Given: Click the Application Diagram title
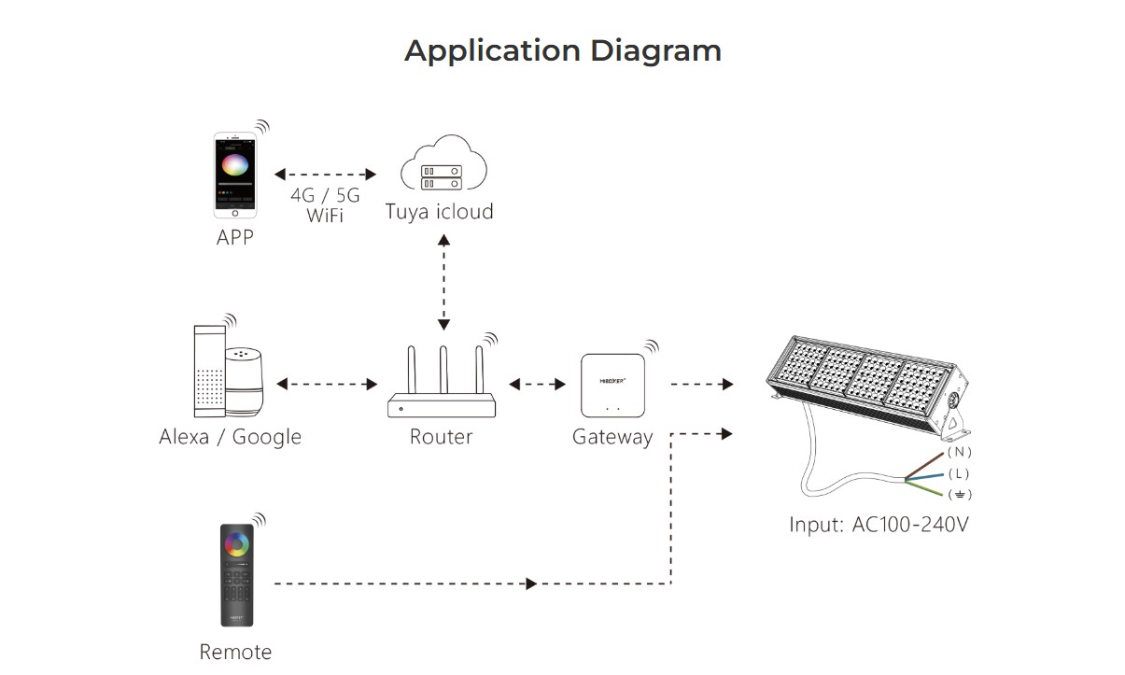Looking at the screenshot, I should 562,50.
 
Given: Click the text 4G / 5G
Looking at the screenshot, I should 324,196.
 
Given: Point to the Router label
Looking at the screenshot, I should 441,436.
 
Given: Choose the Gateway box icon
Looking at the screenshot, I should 612,386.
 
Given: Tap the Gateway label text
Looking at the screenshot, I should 612,436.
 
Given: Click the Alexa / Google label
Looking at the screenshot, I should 230,436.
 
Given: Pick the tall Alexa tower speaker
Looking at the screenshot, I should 207,371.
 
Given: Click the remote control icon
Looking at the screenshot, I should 236,575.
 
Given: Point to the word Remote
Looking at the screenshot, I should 235,652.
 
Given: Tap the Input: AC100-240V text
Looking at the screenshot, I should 879,524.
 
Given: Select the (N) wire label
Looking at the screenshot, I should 959,453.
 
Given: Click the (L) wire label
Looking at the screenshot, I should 959,473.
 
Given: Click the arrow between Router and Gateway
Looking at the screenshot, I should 538,384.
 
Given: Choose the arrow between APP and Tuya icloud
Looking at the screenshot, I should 325,175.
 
